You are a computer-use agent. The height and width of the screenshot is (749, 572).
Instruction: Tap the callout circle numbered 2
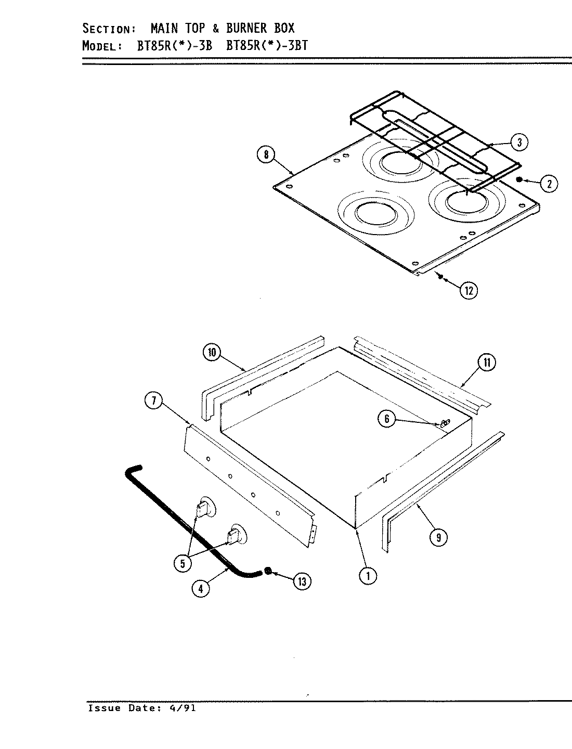(x=549, y=183)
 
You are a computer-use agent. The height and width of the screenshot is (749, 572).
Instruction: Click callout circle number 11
(x=487, y=363)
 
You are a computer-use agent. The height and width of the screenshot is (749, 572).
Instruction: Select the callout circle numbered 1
(x=368, y=576)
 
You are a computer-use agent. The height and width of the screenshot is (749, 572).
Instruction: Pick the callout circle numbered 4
(x=201, y=589)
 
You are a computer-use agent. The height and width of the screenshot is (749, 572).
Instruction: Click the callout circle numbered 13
(x=302, y=582)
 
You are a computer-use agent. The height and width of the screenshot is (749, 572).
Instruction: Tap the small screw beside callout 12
(x=440, y=278)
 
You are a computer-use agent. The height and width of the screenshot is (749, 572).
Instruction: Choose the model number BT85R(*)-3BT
(x=267, y=45)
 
